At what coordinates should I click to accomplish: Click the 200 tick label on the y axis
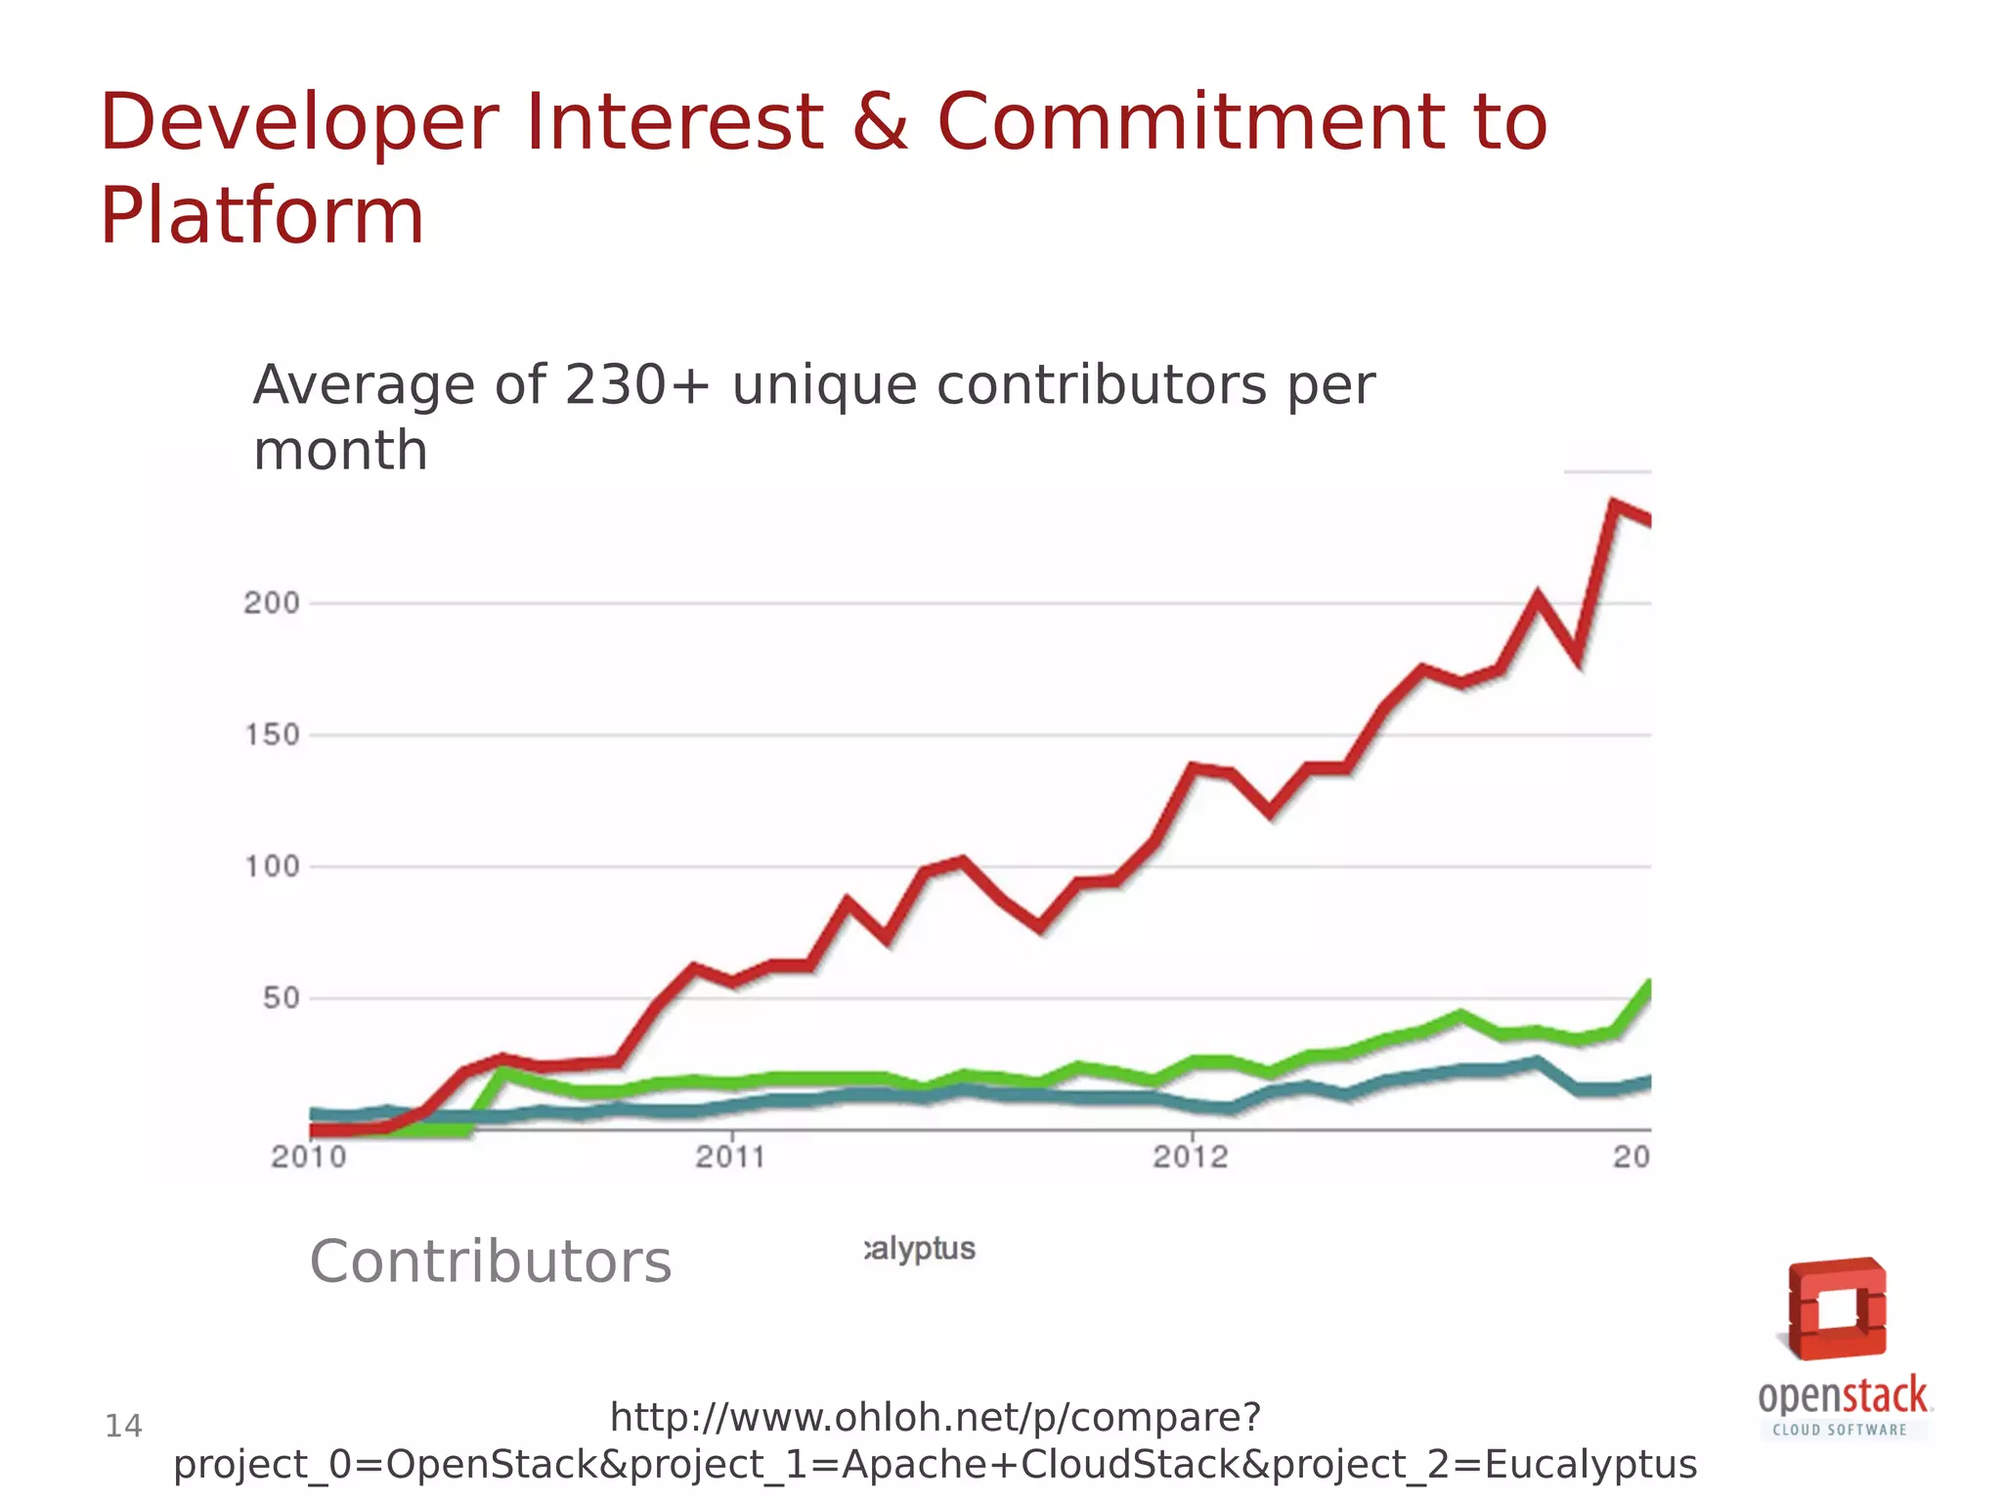[x=272, y=603]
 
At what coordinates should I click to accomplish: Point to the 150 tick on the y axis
[x=272, y=735]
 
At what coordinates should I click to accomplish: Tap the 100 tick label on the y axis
[x=272, y=867]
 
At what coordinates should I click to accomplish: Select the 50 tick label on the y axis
[x=281, y=998]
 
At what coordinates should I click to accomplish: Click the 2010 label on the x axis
[x=309, y=1158]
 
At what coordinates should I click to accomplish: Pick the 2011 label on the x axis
[x=731, y=1158]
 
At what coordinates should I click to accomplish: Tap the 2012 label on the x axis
[x=1190, y=1158]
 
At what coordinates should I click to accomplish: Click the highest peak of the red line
[x=1613, y=505]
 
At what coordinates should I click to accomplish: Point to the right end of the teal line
[x=1649, y=1082]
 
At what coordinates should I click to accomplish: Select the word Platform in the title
[x=262, y=216]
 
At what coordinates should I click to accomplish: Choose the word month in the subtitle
[x=340, y=451]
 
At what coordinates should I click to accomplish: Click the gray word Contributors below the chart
[x=491, y=1261]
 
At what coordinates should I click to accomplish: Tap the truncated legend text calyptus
[x=920, y=1249]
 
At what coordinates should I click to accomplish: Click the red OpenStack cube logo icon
[x=1837, y=1308]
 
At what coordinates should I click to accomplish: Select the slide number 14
[x=123, y=1427]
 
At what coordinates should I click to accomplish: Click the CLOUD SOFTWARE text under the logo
[x=1840, y=1430]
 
